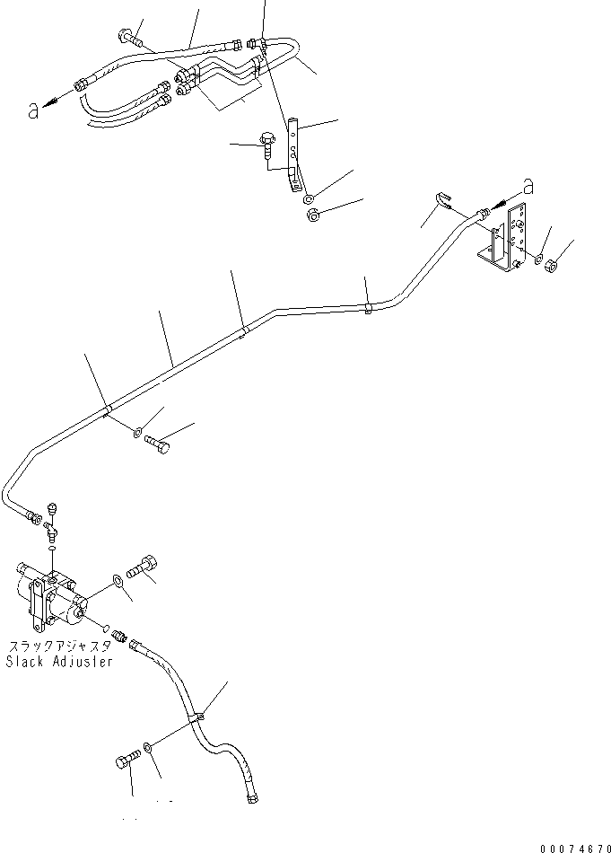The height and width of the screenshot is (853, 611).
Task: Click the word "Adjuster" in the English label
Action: (83, 662)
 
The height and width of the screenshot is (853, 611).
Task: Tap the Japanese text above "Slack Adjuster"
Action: (60, 646)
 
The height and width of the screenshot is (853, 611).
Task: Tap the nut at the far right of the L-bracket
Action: (554, 265)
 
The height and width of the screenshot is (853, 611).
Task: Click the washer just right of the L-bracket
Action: (537, 260)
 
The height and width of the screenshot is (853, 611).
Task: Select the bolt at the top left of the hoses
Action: (127, 38)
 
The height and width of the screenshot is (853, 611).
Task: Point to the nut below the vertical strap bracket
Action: (314, 216)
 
